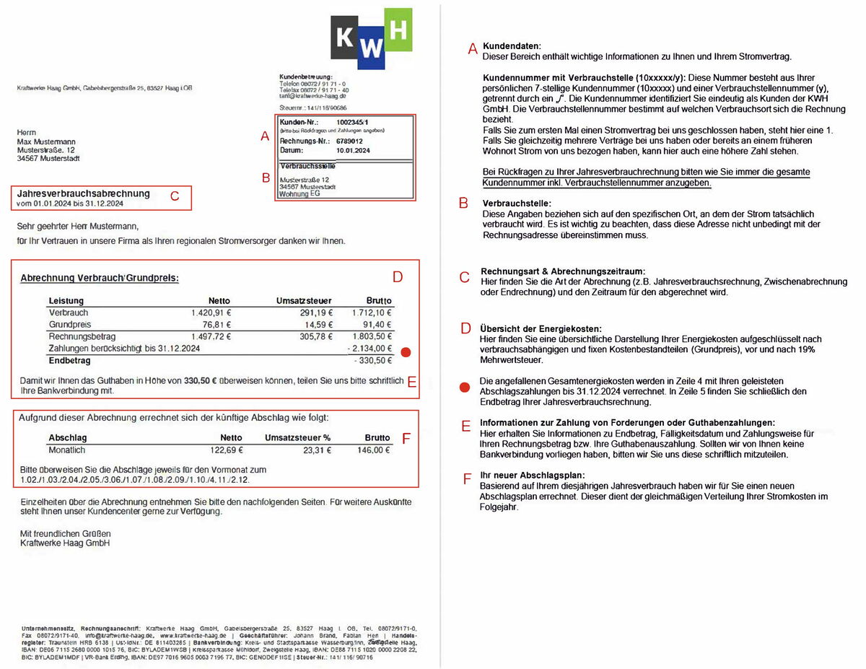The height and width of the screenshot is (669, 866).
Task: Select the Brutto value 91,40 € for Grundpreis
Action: [x=376, y=325]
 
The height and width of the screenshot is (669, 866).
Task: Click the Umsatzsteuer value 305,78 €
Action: [x=313, y=336]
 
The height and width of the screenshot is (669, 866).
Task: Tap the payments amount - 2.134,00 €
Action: [x=369, y=349]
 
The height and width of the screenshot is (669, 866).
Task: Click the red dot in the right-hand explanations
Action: [x=465, y=388]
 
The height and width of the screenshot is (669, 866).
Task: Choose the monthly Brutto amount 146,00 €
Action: [x=374, y=450]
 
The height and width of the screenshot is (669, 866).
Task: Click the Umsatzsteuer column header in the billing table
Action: [x=304, y=300]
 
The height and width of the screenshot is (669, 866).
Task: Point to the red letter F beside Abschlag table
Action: [x=406, y=437]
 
